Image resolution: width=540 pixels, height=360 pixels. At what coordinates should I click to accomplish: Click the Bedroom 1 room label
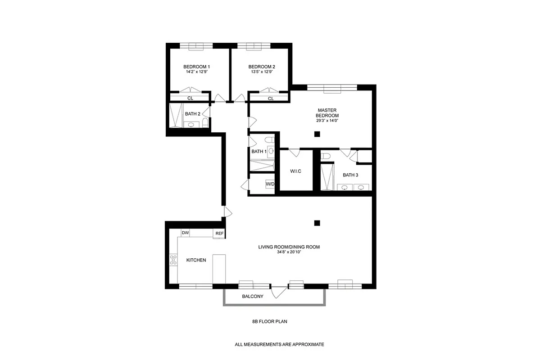coord(197,66)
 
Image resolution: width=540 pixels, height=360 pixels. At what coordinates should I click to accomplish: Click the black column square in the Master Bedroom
coord(317,134)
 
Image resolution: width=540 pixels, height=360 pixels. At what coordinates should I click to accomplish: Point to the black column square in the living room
coord(317,222)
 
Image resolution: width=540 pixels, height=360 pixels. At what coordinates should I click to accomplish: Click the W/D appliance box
coord(270,184)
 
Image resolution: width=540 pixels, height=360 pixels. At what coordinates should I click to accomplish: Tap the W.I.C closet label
coord(295,171)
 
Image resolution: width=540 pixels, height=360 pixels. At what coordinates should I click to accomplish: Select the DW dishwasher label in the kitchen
coord(185,233)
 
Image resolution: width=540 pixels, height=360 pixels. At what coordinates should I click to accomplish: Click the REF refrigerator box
coord(219,234)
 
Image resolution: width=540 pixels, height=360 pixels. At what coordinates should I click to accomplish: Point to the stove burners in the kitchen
coord(173,261)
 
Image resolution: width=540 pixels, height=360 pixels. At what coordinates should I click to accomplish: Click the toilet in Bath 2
coord(205,122)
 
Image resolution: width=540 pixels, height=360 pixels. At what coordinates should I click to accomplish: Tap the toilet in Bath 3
coord(327,156)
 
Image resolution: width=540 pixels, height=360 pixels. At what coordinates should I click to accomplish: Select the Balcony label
coord(252,297)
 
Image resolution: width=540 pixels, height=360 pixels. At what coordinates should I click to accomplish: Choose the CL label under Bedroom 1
coord(190,98)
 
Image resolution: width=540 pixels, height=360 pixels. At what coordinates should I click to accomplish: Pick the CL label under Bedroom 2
coord(271,98)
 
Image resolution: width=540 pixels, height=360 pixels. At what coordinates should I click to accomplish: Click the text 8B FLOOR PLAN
coord(269,322)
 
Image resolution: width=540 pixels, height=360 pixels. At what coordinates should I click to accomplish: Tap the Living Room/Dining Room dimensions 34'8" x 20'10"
coord(289,252)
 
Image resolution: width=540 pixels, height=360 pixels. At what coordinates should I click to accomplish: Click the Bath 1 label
coord(259,152)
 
